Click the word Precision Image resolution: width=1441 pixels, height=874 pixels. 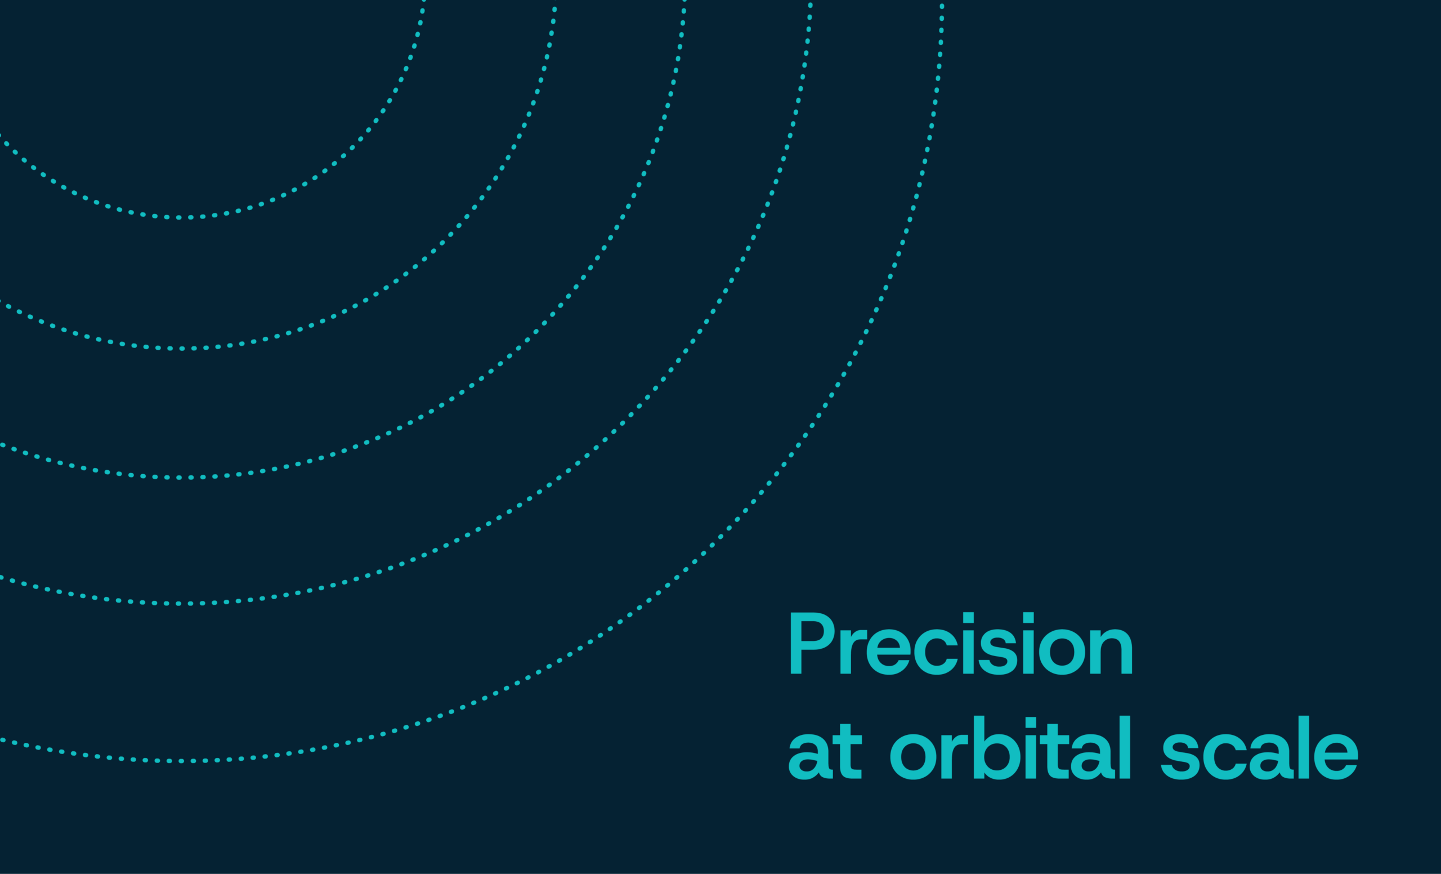(x=961, y=644)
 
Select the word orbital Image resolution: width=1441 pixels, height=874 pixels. (x=1010, y=748)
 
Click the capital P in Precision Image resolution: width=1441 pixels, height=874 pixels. (x=812, y=643)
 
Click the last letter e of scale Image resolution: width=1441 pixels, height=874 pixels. (x=1336, y=756)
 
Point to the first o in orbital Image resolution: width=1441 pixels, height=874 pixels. (x=914, y=756)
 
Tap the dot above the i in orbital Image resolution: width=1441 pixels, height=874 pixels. (x=1031, y=722)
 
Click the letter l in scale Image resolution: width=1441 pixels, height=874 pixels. (x=1304, y=747)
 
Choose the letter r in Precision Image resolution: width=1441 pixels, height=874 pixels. (x=853, y=651)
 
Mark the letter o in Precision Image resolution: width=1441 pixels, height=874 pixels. (x=1062, y=652)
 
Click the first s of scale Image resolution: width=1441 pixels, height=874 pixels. (x=1180, y=756)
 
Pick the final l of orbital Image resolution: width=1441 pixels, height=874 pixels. (x=1125, y=747)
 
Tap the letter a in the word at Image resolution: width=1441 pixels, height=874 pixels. (x=811, y=756)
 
